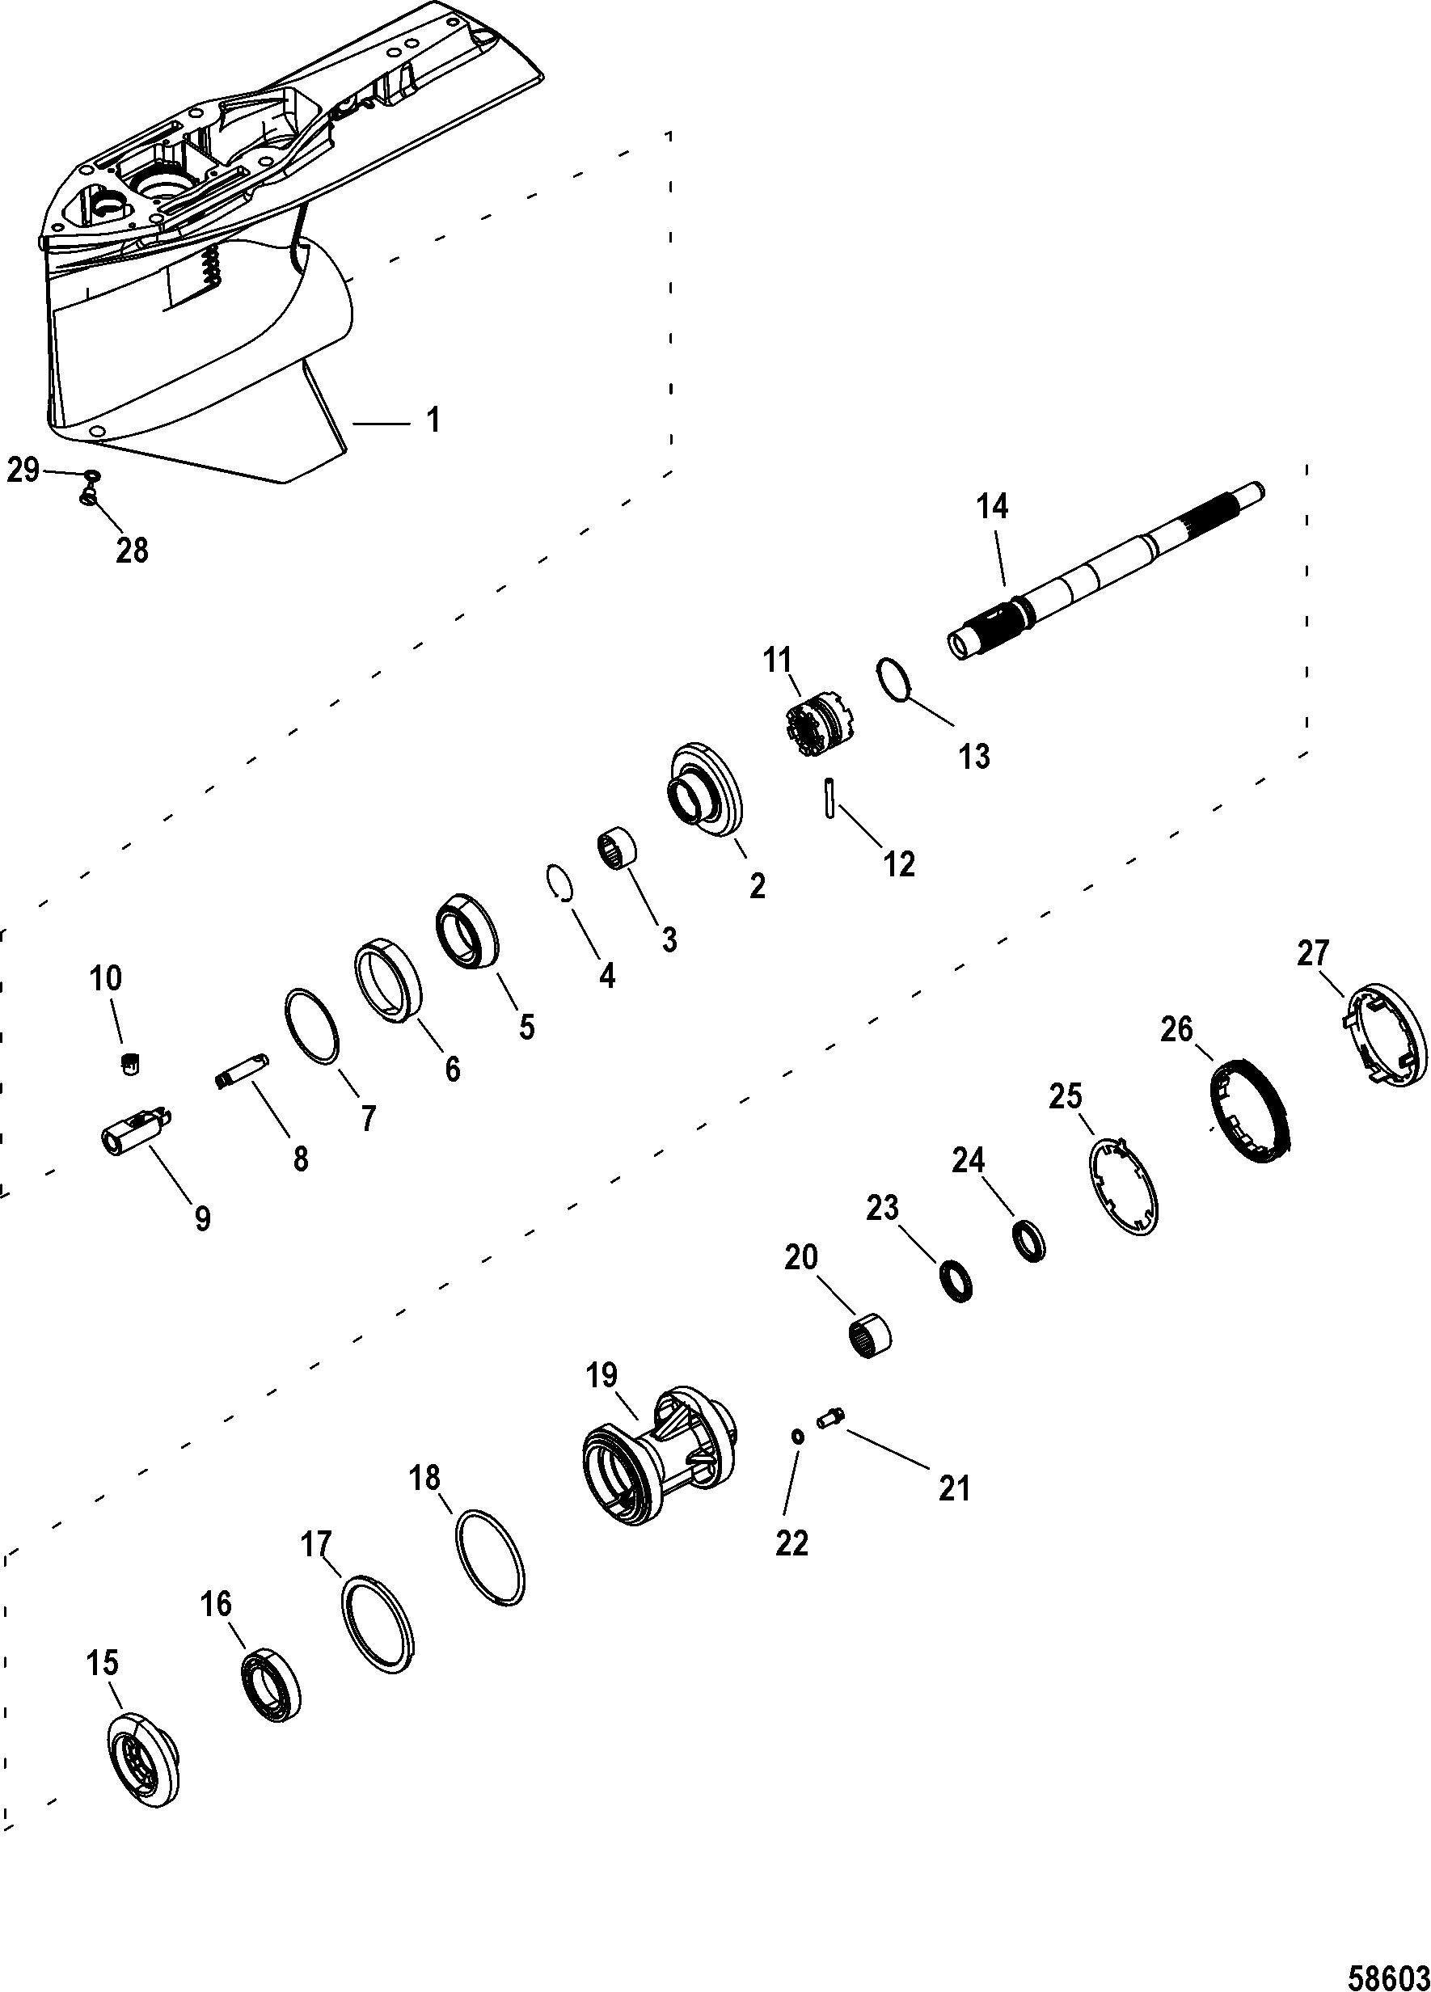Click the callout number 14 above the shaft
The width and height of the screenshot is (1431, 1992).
[992, 508]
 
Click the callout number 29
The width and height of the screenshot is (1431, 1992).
[23, 471]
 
